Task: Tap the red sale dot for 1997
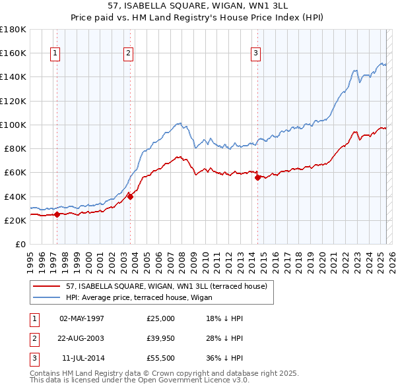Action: (57, 214)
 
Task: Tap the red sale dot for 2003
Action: (131, 196)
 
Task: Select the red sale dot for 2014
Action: (257, 177)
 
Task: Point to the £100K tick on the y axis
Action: (13, 125)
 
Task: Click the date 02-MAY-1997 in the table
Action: (82, 318)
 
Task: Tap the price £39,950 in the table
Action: (161, 338)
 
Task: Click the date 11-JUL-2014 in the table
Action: (83, 358)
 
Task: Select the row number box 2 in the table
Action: (33, 338)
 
